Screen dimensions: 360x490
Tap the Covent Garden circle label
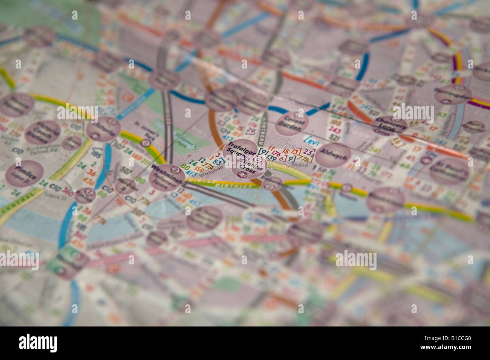pyautogui.click(x=292, y=123)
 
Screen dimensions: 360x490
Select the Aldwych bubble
pyautogui.click(x=333, y=155)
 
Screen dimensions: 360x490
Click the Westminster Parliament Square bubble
pyautogui.click(x=167, y=177)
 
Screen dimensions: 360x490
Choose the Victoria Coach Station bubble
pyautogui.click(x=43, y=133)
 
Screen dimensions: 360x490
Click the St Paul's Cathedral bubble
pyautogui.click(x=449, y=170)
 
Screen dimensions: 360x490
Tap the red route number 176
pyautogui.click(x=276, y=154)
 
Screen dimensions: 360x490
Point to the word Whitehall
pyautogui.click(x=208, y=175)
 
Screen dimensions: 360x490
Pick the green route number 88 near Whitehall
pyautogui.click(x=185, y=166)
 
